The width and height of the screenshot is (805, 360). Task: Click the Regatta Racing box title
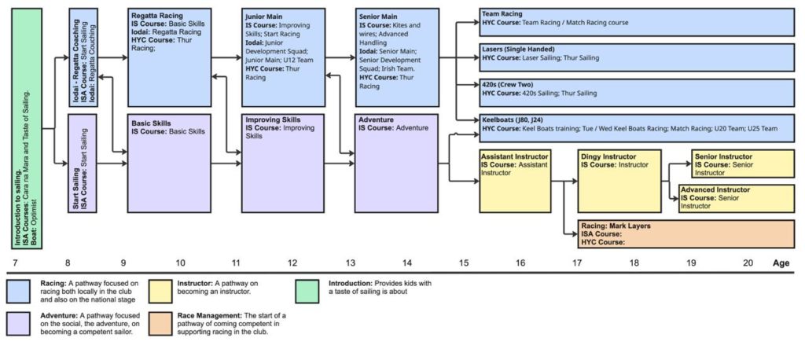pyautogui.click(x=157, y=15)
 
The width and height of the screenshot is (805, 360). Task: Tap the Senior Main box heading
pyautogui.click(x=379, y=15)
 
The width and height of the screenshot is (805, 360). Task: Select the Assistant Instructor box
pyautogui.click(x=515, y=180)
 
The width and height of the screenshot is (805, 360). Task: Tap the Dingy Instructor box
pyautogui.click(x=619, y=180)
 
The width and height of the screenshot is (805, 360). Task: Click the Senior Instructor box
pyautogui.click(x=743, y=163)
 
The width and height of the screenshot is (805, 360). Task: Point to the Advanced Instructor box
pyautogui.click(x=736, y=199)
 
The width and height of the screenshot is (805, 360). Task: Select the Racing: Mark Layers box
pyautogui.click(x=686, y=234)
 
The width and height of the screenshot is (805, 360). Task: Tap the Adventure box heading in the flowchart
pyautogui.click(x=376, y=121)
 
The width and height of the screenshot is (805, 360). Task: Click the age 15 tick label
pyautogui.click(x=463, y=263)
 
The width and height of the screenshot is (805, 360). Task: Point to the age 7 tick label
pyautogui.click(x=15, y=263)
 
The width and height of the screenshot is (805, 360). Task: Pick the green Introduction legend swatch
pyautogui.click(x=311, y=292)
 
